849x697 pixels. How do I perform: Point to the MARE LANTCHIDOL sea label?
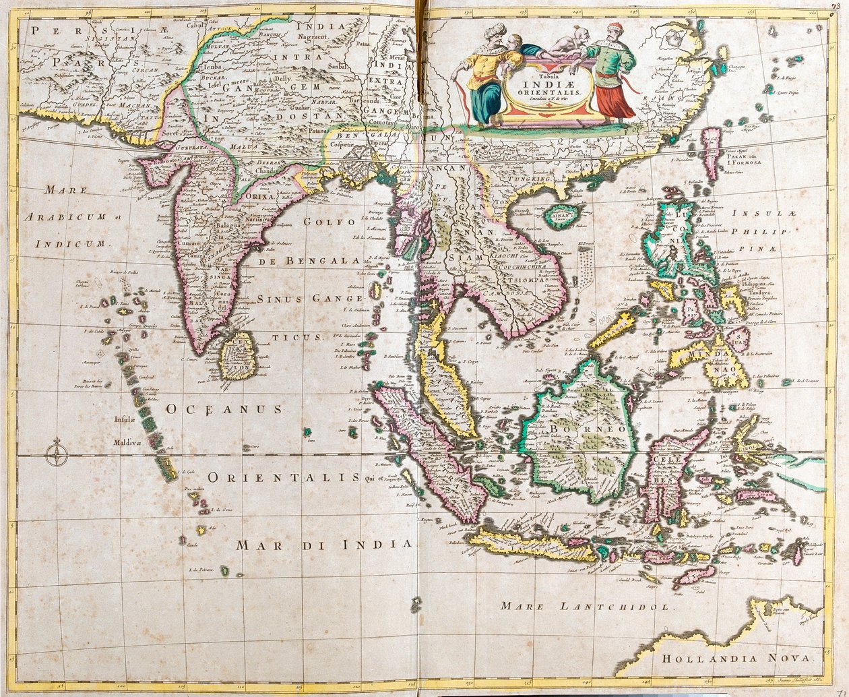[586, 606]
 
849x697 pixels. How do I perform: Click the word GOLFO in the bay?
[329, 222]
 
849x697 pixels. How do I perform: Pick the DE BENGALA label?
[312, 260]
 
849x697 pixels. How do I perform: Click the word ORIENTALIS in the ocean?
[283, 477]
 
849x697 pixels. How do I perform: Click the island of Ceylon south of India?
[235, 356]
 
